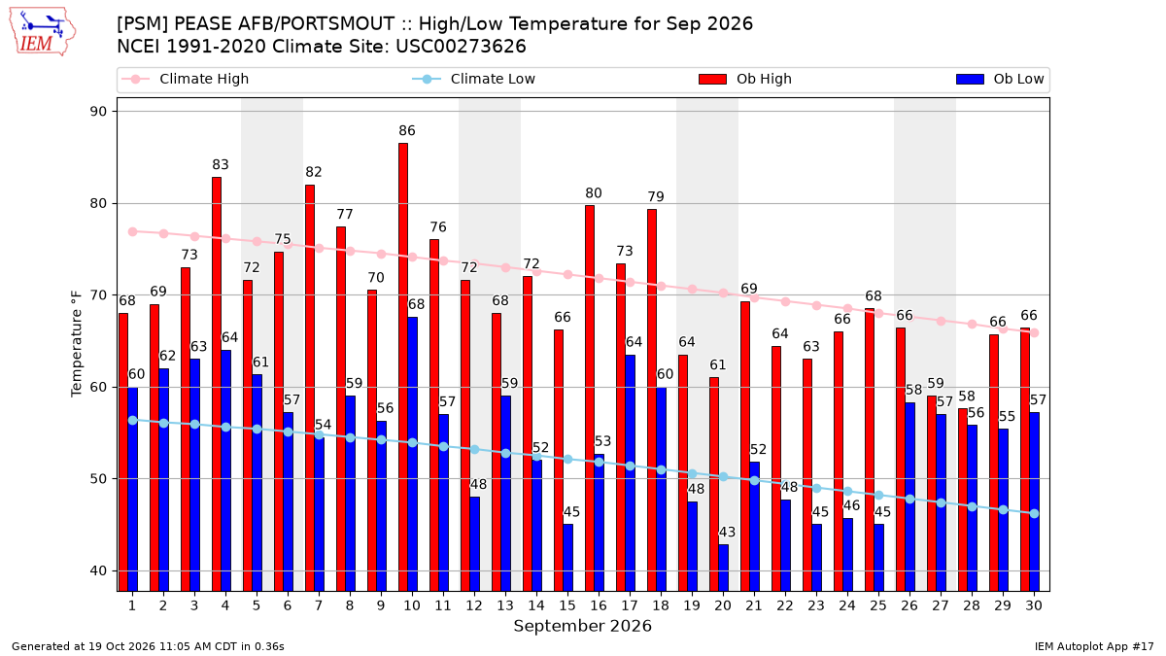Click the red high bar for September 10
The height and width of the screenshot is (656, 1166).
(x=403, y=367)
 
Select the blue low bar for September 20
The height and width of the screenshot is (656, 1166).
(x=724, y=568)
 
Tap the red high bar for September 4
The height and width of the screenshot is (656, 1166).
(x=217, y=384)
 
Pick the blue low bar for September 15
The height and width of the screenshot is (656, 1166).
(x=567, y=558)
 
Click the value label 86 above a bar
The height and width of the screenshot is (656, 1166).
(x=407, y=130)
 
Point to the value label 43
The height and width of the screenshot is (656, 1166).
(x=727, y=533)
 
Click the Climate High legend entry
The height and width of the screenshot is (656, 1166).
(x=185, y=79)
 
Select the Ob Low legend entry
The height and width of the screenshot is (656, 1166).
(x=1000, y=79)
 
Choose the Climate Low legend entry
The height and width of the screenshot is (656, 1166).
(x=473, y=79)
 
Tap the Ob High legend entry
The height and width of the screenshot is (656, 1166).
(x=745, y=79)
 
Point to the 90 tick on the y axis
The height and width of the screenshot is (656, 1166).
(x=98, y=112)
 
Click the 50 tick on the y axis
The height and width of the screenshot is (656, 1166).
(x=98, y=479)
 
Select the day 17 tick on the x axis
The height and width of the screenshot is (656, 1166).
(x=630, y=605)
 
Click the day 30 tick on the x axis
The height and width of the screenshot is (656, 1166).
(x=1034, y=605)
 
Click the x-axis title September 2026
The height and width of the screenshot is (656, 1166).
(x=582, y=626)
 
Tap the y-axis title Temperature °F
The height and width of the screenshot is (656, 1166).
(x=77, y=345)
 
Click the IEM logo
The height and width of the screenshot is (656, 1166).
(x=42, y=31)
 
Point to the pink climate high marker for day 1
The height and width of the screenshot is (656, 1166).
(x=133, y=231)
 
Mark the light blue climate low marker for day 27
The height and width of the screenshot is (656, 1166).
(x=941, y=503)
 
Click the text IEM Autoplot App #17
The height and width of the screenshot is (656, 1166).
(x=1094, y=646)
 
